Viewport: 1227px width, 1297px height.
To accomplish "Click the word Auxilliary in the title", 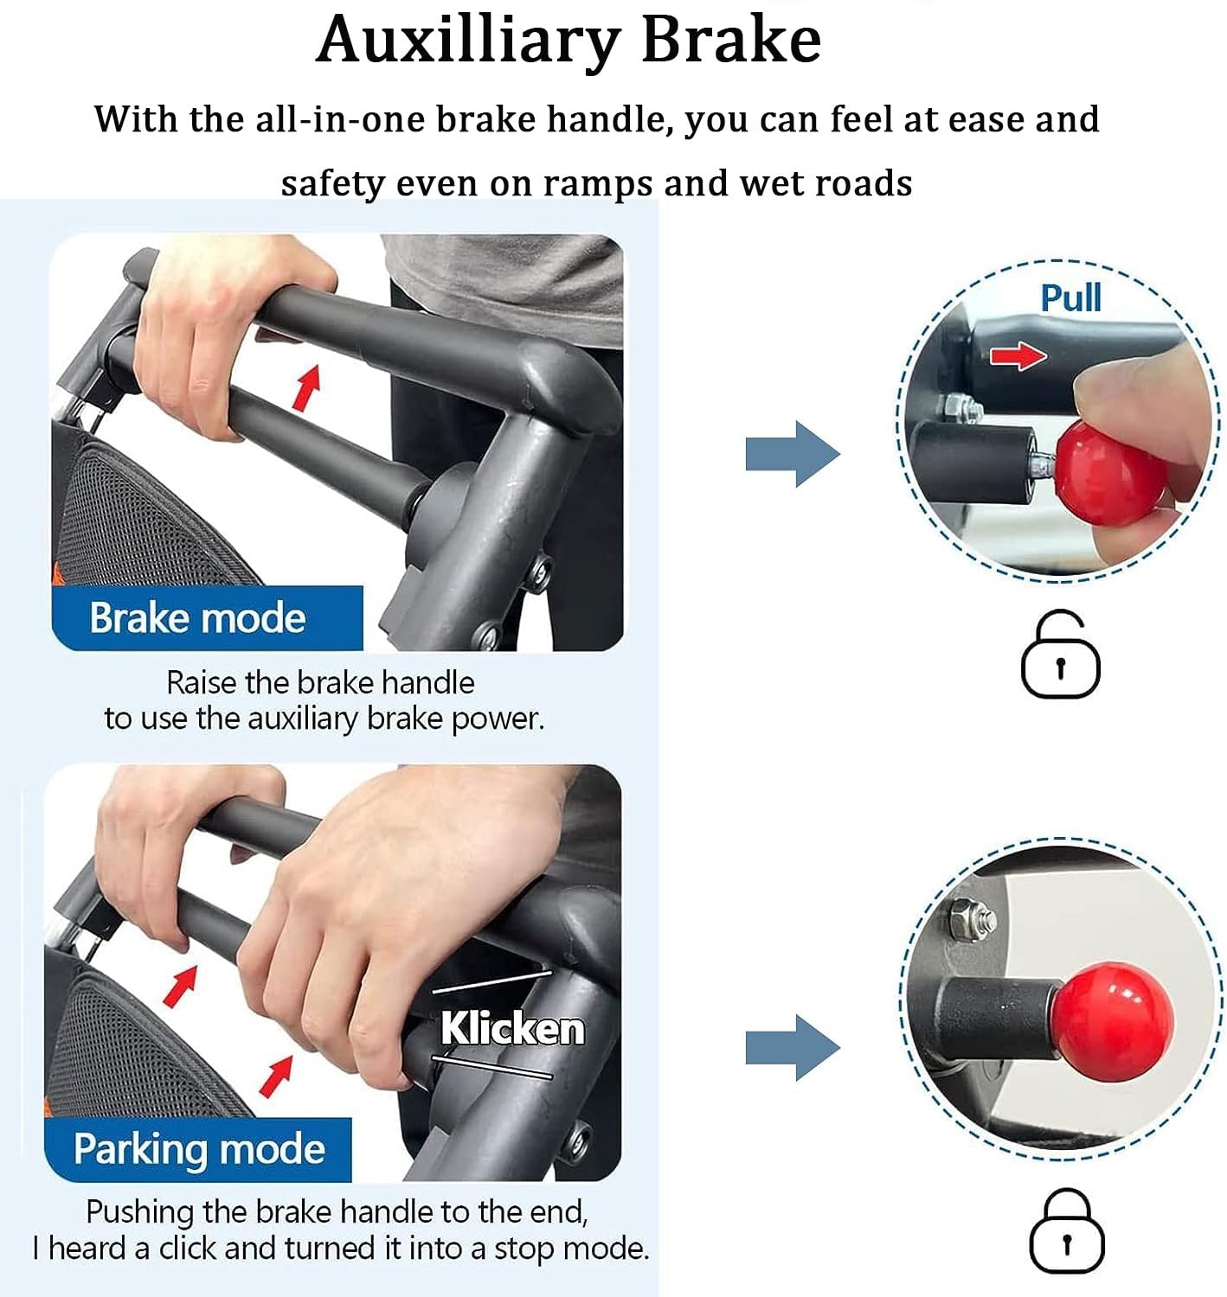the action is point(467,42).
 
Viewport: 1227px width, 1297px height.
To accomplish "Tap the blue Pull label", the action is point(1070,297).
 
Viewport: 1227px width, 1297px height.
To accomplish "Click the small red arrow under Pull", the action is point(1018,355).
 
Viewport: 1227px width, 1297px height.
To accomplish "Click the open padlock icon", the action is point(1060,654).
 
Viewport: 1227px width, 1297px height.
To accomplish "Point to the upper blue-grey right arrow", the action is point(793,454).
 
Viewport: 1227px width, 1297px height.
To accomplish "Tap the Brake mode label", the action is point(198,618).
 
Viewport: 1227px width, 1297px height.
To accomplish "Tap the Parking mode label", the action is point(199,1148).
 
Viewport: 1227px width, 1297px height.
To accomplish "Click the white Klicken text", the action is point(512,1028).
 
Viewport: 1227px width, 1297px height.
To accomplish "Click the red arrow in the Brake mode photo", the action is point(306,388).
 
